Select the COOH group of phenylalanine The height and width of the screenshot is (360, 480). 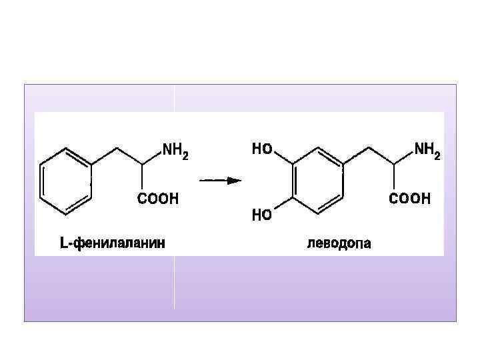[x=158, y=198]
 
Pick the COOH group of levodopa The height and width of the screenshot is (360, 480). [x=410, y=198]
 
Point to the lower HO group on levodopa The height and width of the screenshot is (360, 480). [x=261, y=215]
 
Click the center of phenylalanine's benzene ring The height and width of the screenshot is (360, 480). [x=65, y=180]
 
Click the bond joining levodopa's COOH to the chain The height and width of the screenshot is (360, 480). [x=393, y=178]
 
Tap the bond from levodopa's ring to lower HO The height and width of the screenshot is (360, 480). [x=283, y=205]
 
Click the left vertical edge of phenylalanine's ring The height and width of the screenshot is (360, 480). [x=41, y=180]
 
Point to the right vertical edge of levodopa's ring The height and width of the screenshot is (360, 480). [x=342, y=180]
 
